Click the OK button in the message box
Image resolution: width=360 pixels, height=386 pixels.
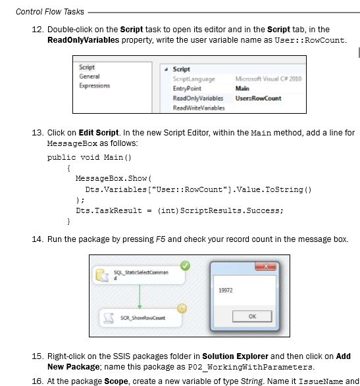(x=252, y=316)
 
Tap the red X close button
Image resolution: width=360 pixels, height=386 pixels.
(x=266, y=266)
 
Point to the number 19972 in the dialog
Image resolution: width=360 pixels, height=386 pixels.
(x=226, y=290)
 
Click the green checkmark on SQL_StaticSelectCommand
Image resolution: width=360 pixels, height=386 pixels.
(x=185, y=266)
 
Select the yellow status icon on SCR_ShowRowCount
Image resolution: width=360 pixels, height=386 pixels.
(x=182, y=308)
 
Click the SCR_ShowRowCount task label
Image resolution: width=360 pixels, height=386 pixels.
(x=143, y=318)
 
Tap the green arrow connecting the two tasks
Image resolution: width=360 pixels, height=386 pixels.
(x=140, y=297)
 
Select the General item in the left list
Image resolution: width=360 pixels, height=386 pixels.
(x=90, y=76)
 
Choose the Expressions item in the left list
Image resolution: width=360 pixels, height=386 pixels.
(x=94, y=85)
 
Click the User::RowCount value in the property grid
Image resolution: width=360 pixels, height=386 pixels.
(x=258, y=98)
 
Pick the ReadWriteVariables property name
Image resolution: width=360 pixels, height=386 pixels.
(x=199, y=108)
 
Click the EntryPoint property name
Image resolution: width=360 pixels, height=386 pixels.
(x=187, y=88)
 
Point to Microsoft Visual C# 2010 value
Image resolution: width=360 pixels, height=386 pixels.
(x=269, y=79)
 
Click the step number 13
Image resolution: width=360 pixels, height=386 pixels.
(x=38, y=133)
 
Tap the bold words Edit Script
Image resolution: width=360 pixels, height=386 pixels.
(x=99, y=133)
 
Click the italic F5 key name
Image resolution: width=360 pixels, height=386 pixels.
(x=161, y=239)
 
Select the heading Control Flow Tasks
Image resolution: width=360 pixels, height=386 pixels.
(x=50, y=12)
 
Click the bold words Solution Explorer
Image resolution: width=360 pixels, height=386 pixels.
(x=235, y=356)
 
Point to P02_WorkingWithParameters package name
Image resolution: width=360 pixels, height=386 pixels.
(x=250, y=367)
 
